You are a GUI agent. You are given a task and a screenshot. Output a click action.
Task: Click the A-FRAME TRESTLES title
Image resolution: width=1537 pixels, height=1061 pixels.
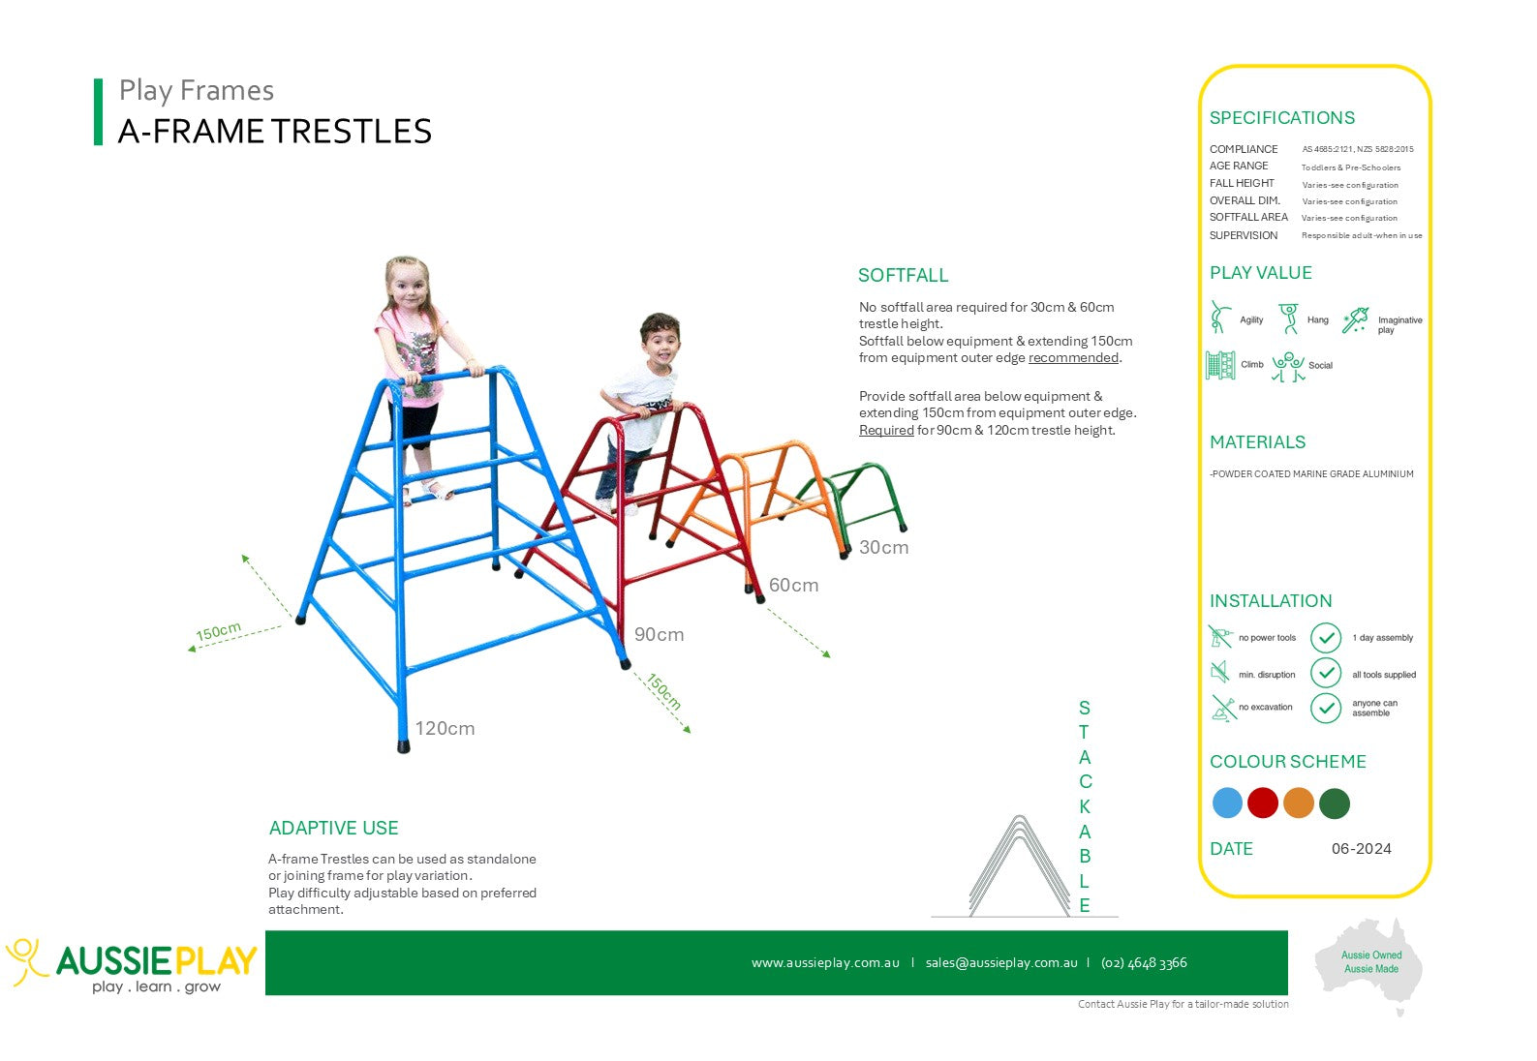(x=275, y=131)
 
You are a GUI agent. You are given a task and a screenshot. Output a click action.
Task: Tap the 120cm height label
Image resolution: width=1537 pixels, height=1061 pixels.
(x=445, y=728)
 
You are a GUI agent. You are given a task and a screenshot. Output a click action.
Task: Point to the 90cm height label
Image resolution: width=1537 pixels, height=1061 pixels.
(x=659, y=634)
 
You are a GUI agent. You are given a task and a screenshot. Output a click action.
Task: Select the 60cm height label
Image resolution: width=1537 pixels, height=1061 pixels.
(x=793, y=585)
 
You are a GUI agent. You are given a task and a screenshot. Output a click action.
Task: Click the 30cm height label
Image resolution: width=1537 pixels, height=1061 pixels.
(x=884, y=547)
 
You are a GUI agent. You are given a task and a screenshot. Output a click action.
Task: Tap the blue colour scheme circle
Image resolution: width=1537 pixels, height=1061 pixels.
(x=1227, y=803)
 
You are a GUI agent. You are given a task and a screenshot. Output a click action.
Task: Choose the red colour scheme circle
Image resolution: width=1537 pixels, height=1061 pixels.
(x=1263, y=803)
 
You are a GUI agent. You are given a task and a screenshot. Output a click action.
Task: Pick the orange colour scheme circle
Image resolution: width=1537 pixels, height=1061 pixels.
(x=1298, y=803)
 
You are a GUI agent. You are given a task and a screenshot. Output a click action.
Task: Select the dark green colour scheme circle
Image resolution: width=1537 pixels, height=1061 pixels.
(x=1334, y=803)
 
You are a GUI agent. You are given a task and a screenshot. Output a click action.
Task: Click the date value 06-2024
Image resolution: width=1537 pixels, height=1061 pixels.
(x=1362, y=849)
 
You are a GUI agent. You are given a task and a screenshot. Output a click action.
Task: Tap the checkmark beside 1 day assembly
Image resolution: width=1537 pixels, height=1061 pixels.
(x=1326, y=638)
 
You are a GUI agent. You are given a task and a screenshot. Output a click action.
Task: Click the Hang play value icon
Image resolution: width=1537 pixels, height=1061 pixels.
(x=1289, y=318)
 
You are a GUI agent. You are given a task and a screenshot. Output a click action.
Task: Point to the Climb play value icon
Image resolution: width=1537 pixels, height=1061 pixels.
(x=1220, y=365)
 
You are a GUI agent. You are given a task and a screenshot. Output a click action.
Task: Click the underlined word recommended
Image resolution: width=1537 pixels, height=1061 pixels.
(x=1073, y=358)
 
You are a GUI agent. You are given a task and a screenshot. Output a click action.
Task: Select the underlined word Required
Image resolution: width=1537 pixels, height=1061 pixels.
(x=886, y=430)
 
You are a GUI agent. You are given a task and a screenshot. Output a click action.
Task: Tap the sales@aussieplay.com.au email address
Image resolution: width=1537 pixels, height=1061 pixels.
(x=1001, y=963)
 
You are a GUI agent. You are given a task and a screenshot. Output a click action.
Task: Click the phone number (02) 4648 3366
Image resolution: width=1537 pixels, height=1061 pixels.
(x=1144, y=963)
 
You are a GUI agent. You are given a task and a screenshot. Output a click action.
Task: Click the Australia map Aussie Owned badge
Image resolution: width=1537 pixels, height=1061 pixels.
(x=1369, y=963)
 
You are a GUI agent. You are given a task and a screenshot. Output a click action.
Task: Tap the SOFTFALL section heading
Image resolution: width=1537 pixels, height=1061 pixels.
(x=903, y=275)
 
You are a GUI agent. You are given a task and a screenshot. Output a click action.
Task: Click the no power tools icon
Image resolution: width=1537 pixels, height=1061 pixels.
(x=1220, y=637)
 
